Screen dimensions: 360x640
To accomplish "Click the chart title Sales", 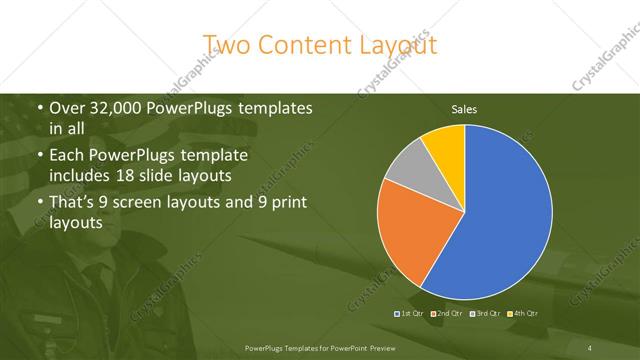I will click(x=464, y=108).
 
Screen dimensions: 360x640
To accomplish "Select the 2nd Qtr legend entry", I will click(x=448, y=314).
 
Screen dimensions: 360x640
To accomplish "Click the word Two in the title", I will click(x=226, y=44).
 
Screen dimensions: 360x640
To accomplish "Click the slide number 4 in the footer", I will click(x=589, y=347).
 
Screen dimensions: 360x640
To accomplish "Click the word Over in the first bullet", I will click(x=67, y=108).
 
